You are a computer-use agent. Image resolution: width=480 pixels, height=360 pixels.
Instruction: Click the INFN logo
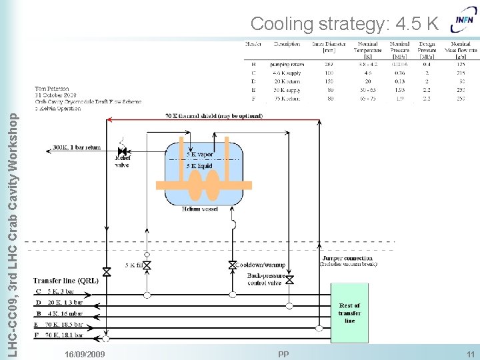point(464,20)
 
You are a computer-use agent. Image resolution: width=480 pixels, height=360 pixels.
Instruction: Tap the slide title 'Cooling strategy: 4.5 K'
point(344,24)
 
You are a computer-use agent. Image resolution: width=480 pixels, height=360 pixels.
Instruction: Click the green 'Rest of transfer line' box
point(349,313)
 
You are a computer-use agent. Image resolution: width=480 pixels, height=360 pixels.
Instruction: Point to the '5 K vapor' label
point(200,155)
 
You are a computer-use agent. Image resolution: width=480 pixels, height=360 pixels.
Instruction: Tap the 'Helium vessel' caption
point(200,209)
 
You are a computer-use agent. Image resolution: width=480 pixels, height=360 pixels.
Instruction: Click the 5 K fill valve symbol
point(147,265)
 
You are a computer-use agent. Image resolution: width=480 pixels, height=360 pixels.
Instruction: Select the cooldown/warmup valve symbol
point(233,265)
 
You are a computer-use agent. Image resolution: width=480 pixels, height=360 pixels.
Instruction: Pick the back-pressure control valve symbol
point(289,280)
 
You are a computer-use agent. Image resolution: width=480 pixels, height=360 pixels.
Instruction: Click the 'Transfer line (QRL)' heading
point(65,281)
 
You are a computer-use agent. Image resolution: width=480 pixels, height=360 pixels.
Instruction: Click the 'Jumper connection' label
point(347,258)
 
